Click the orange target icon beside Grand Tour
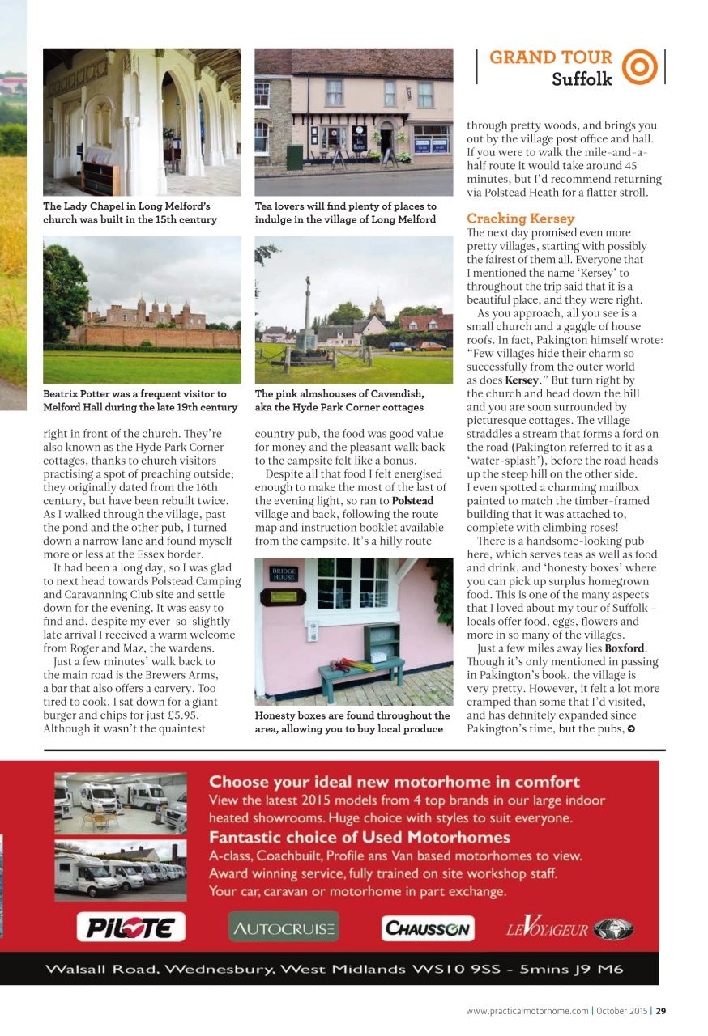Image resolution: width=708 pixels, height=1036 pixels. point(640,67)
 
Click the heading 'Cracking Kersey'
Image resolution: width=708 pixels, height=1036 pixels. point(520,219)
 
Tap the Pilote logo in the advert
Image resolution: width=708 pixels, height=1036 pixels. point(130,927)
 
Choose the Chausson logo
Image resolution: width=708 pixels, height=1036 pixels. point(428,928)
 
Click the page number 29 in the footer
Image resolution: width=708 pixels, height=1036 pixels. point(661,1010)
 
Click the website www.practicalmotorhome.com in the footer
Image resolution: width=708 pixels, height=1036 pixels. point(527,1010)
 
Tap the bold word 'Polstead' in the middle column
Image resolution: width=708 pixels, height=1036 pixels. point(413,501)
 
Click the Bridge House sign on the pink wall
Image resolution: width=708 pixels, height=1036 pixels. point(284,574)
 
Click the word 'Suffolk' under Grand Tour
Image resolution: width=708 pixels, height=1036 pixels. point(582,79)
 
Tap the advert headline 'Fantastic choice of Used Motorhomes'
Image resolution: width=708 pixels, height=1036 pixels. point(360,837)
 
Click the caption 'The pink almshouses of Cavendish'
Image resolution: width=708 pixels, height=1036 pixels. point(339,394)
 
